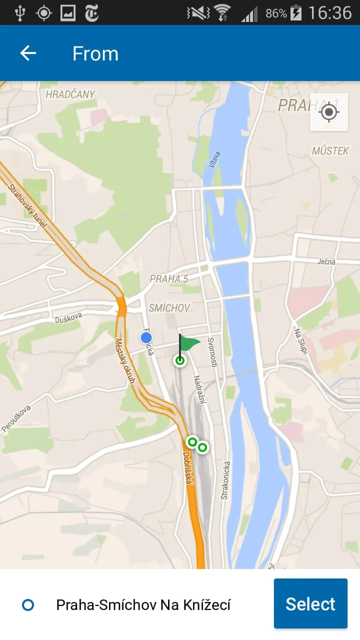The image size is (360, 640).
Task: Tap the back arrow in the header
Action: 28,53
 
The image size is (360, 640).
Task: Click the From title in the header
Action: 95,53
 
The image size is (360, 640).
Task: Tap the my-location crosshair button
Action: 328,112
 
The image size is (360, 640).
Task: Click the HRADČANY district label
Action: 70,94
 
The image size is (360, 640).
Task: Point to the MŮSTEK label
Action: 330,150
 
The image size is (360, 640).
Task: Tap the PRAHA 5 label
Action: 169,279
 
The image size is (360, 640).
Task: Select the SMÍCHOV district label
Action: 169,307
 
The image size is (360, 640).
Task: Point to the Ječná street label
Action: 326,261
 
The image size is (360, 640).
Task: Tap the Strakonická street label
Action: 225,480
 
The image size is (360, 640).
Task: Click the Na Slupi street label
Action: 299,340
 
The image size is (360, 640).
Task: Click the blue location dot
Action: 146,338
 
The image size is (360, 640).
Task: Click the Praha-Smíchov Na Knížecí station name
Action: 143,605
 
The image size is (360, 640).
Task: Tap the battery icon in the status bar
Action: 296,12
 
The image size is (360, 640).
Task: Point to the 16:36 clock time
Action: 330,12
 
